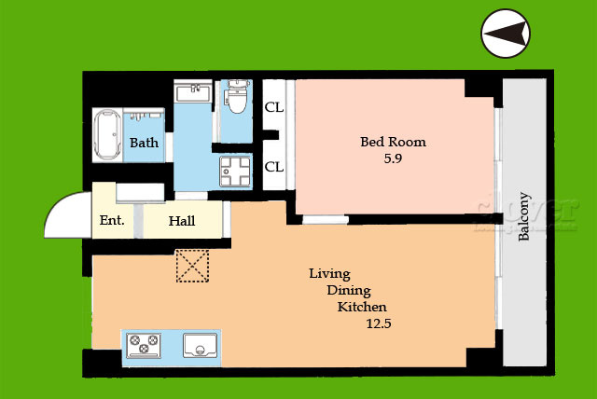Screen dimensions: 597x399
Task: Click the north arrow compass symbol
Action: [x=506, y=34]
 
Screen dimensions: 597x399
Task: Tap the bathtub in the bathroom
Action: [x=108, y=134]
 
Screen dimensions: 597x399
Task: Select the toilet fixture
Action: [x=237, y=96]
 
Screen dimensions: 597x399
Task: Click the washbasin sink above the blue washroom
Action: [x=193, y=92]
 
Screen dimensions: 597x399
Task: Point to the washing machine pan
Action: [x=235, y=172]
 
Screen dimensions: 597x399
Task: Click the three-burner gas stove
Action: [x=144, y=345]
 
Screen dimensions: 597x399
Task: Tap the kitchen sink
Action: [x=201, y=345]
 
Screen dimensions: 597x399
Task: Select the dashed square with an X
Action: [x=192, y=266]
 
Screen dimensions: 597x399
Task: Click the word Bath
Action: [x=144, y=143]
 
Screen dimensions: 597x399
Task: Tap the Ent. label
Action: [x=112, y=220]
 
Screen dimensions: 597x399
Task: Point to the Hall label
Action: [x=182, y=221]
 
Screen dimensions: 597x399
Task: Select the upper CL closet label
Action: [x=274, y=107]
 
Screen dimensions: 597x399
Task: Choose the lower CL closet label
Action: [x=274, y=167]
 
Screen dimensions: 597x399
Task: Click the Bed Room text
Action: [x=393, y=142]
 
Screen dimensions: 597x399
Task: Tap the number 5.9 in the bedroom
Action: [x=393, y=158]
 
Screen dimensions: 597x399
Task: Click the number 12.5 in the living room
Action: [x=379, y=323]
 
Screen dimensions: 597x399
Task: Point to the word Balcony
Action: [x=524, y=216]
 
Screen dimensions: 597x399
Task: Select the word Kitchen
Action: [x=362, y=307]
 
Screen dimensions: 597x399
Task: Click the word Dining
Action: [x=349, y=291]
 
